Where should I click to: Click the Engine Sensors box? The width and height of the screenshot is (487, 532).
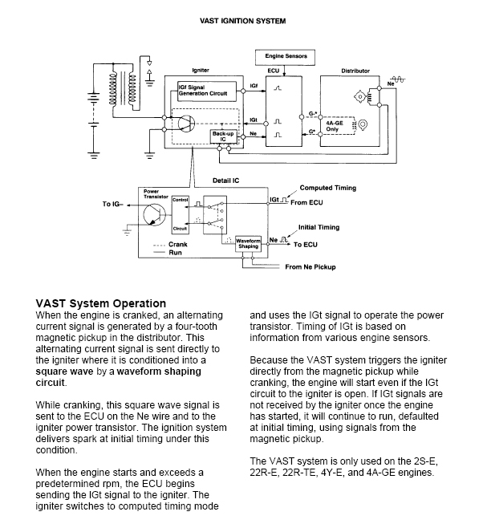pos(285,57)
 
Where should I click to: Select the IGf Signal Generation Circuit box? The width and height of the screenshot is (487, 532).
pos(207,91)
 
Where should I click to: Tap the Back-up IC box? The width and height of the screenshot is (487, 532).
pos(223,136)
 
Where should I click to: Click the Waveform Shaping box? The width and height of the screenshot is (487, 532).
pos(248,244)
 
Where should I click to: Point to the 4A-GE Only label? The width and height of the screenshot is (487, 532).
pos(335,126)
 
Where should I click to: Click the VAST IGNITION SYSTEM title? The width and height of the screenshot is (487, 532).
pos(243,21)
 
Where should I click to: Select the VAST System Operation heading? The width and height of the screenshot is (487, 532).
pos(101,303)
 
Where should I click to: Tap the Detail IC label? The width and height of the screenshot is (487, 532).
pos(226,181)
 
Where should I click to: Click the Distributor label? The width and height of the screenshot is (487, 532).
pos(355,71)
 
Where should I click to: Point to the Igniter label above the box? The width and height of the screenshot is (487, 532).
pos(201,71)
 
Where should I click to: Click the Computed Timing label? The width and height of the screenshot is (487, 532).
pos(328,188)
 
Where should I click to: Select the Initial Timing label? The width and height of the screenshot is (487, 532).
pos(319,227)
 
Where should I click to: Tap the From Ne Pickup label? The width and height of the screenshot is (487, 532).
pos(310,267)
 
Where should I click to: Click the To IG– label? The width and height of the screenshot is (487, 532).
pos(113,204)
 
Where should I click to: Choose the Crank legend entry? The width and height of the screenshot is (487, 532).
pos(170,244)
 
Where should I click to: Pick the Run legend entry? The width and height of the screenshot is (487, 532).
pos(168,253)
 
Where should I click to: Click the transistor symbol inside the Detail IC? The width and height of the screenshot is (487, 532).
pos(154,214)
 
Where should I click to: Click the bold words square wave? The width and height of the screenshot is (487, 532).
pos(64,372)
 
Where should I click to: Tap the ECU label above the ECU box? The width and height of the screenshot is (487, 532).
pos(274,71)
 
